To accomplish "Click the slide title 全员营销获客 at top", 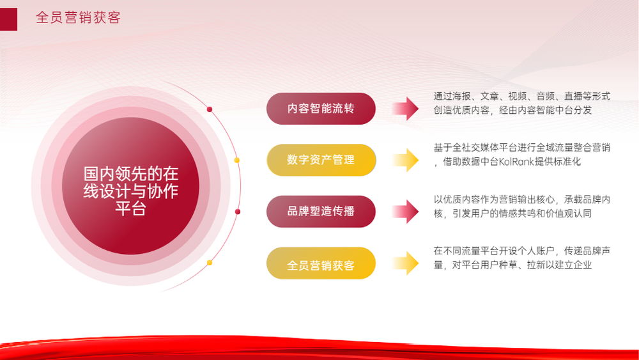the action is [x=78, y=17].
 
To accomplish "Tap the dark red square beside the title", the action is [x=8, y=19].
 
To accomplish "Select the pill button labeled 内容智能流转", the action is [x=321, y=109].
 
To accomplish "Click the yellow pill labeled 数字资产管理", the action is [x=321, y=160].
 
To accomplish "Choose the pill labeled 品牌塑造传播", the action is [x=321, y=211].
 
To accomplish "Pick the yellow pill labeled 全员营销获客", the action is [x=321, y=263].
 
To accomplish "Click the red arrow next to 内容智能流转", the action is [x=406, y=109].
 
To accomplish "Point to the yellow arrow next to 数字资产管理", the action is [x=406, y=160].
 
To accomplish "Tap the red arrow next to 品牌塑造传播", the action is [x=406, y=211].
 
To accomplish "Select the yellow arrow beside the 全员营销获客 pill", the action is [x=406, y=263].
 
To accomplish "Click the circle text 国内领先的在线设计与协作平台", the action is [x=131, y=191].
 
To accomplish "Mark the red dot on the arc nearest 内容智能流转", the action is [x=210, y=109].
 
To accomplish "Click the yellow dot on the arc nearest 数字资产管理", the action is [x=237, y=160].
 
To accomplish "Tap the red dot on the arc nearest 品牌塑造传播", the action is [x=238, y=212].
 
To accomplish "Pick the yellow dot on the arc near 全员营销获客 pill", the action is [x=210, y=263].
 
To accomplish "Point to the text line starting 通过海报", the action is [x=522, y=96].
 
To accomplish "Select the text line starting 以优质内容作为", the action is [x=522, y=200].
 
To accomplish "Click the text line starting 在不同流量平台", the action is [x=522, y=251].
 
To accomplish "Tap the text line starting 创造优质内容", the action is [x=512, y=110].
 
